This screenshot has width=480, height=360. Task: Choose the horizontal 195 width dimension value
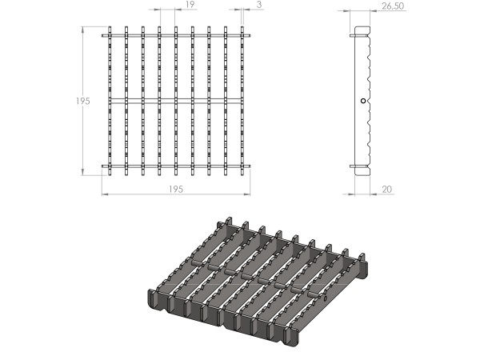(x=176, y=189)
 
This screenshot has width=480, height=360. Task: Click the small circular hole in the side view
(x=362, y=101)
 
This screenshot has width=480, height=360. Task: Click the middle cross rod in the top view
(x=176, y=100)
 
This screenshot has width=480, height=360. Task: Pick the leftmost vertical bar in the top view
(x=110, y=100)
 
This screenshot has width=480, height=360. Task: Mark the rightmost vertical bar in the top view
(x=242, y=100)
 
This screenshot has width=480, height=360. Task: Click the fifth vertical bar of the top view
(x=176, y=72)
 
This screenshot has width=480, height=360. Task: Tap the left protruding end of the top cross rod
(x=104, y=34)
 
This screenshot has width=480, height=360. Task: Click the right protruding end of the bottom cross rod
(x=248, y=166)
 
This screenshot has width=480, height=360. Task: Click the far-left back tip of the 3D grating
(x=228, y=223)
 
